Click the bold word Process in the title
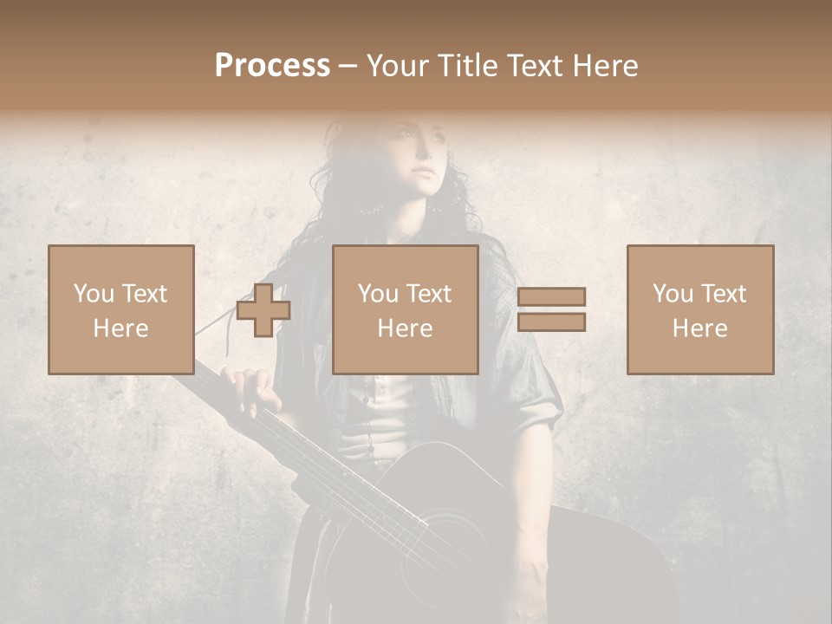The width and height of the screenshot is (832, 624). (x=272, y=66)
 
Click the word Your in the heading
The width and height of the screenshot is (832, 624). (x=398, y=66)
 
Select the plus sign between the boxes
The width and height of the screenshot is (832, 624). (x=263, y=310)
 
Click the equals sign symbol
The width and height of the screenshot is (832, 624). (x=551, y=309)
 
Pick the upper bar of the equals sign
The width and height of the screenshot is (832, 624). (x=551, y=297)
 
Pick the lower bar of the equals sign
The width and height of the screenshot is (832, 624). (x=551, y=322)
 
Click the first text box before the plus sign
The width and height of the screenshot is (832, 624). (x=121, y=309)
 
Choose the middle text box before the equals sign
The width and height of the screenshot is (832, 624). (x=406, y=309)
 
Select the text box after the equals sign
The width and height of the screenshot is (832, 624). (x=700, y=309)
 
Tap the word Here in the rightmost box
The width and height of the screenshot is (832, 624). (x=700, y=328)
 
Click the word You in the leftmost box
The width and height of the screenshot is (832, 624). (x=93, y=294)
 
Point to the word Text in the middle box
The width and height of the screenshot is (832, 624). (x=428, y=294)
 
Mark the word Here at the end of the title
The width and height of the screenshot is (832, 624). (x=604, y=66)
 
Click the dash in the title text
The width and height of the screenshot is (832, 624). (x=348, y=67)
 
